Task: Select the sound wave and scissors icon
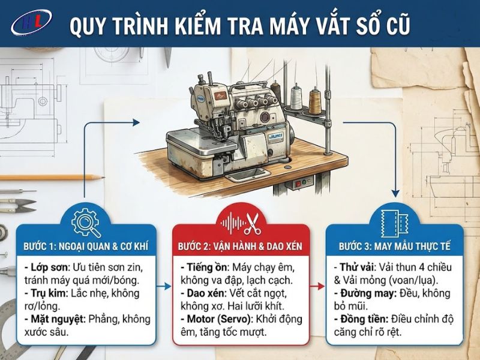pos(241,224)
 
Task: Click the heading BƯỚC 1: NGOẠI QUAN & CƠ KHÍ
pos(86,246)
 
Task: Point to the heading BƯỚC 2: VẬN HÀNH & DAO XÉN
pos(241,247)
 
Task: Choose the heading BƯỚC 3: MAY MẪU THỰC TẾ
pos(395,246)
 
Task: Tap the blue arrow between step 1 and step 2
pos(163,287)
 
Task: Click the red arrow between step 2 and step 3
pos(317,287)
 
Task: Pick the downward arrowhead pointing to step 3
pos(395,193)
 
